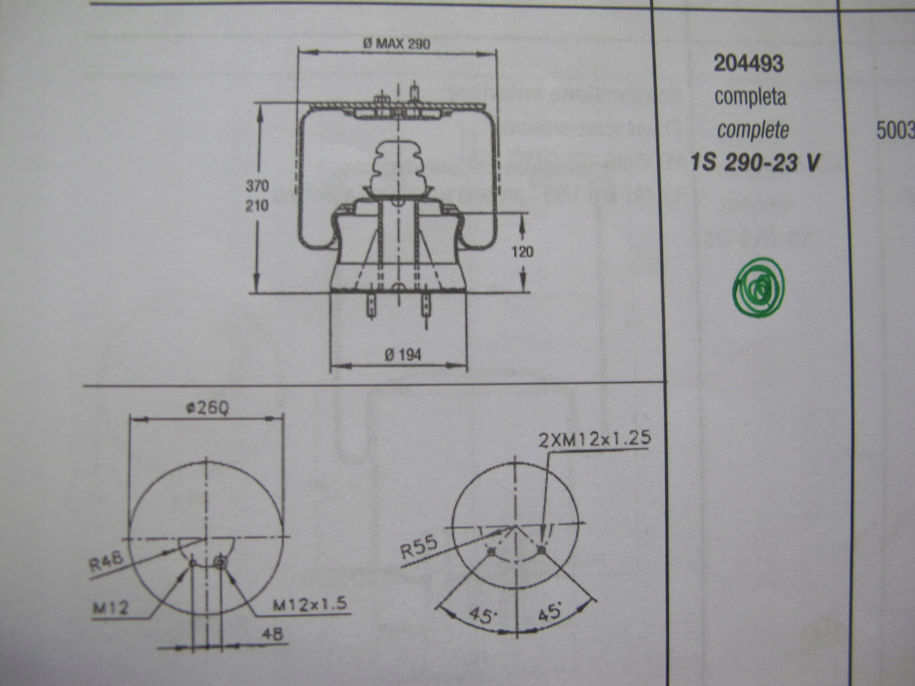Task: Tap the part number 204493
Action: [x=749, y=64]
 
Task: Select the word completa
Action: [x=750, y=97]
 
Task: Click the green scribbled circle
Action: [x=758, y=288]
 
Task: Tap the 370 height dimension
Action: [x=257, y=186]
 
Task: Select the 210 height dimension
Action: [x=257, y=205]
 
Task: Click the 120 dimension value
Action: [x=522, y=251]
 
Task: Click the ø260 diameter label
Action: [x=207, y=409]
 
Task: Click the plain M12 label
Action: [x=110, y=608]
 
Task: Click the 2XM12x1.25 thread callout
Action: [x=594, y=440]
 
